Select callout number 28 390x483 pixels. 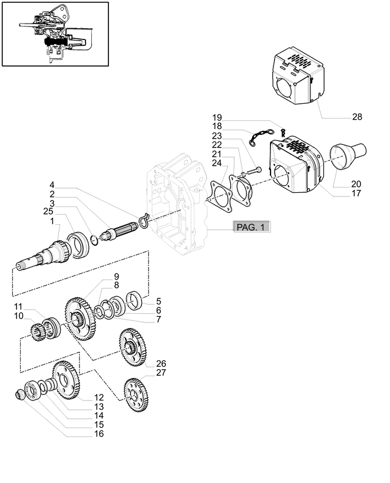click(x=357, y=117)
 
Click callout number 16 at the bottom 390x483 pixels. click(x=98, y=433)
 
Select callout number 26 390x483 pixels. click(x=161, y=363)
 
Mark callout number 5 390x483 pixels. click(x=158, y=301)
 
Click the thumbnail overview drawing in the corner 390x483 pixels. click(x=55, y=34)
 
